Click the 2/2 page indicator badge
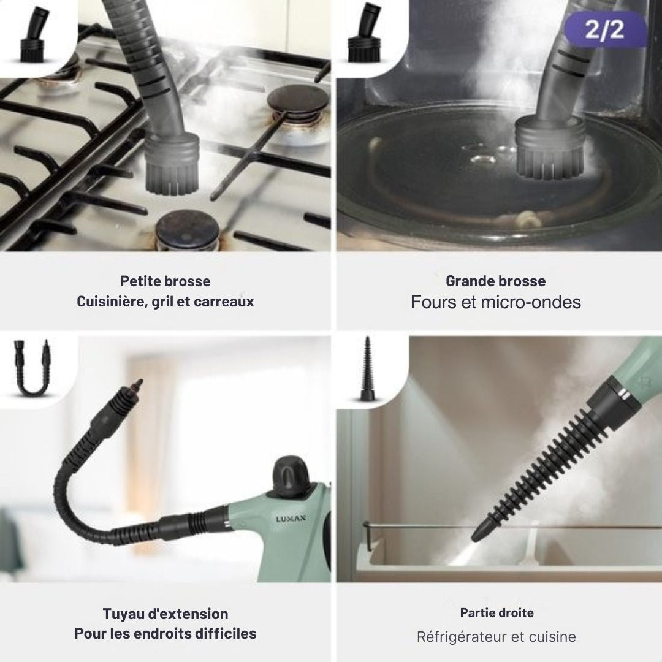605,29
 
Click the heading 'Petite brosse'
165,281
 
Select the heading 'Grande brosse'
496,281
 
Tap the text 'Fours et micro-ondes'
496,302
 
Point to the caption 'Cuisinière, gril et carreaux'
165,302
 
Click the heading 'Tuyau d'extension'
165,614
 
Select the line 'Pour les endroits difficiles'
165,633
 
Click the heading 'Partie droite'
496,612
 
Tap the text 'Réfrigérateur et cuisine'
496,636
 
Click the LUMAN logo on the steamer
291,519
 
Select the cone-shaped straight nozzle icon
367,368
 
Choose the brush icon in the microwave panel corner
363,33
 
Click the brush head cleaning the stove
172,162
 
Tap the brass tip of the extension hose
137,386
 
